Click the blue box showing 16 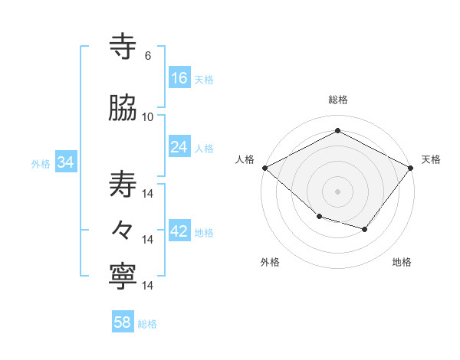pos(179,78)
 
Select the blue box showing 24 pos(179,147)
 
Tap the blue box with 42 pos(179,232)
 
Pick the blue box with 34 pos(66,162)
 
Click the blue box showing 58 pos(123,322)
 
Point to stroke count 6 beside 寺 pos(147,56)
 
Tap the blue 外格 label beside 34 pos(41,163)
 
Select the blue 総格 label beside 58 pos(147,324)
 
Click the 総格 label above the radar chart pos(337,100)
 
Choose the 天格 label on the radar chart pos(431,159)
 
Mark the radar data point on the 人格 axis pos(264,168)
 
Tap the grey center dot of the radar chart pos(337,191)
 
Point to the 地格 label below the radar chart pos(402,262)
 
